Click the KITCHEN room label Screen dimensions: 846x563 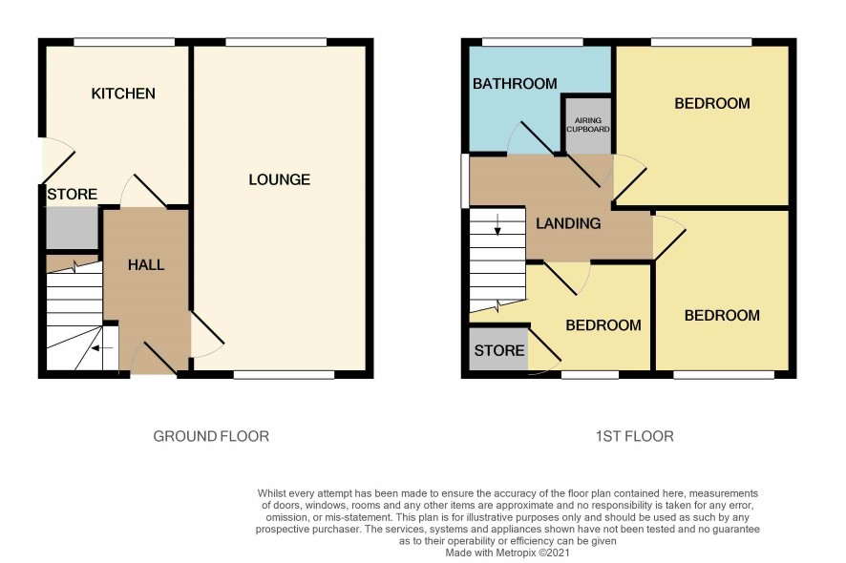tap(123, 94)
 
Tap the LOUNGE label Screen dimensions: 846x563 tap(280, 179)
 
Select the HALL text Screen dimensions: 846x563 tap(146, 264)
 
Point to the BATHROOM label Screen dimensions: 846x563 tap(515, 84)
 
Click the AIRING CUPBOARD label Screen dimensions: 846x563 tap(588, 125)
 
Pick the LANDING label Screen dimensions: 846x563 tap(568, 223)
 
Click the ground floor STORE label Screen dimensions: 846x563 tap(73, 194)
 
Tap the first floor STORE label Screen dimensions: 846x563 tap(499, 350)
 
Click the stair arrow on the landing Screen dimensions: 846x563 tap(497, 224)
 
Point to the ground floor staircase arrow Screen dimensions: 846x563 tap(102, 348)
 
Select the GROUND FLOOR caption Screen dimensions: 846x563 tap(211, 436)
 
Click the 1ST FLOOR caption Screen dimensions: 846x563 tap(634, 436)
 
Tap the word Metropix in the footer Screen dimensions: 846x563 tap(516, 553)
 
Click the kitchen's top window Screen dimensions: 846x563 tap(124, 42)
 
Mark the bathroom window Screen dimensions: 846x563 tap(533, 42)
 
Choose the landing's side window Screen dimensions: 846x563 tap(465, 181)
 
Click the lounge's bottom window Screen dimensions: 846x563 tap(284, 375)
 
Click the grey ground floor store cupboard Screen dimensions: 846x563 tap(73, 228)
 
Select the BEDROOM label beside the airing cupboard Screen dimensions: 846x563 tap(712, 104)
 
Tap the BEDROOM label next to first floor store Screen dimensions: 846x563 tap(603, 325)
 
